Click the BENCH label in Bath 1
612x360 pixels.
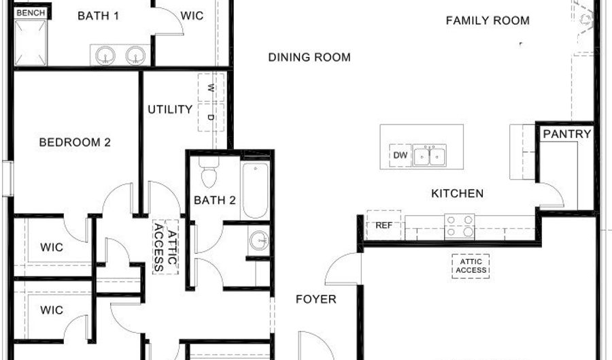click(x=31, y=13)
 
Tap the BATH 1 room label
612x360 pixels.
click(x=99, y=16)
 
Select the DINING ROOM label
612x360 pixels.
click(x=309, y=57)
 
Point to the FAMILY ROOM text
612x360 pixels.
click(x=488, y=20)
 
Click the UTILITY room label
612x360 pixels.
click(x=170, y=110)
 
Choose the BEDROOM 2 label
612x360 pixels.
click(x=75, y=142)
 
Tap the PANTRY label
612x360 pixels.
click(x=566, y=134)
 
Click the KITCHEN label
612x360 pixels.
click(x=457, y=193)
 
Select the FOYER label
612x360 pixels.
click(x=316, y=299)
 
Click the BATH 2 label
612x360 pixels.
click(x=215, y=200)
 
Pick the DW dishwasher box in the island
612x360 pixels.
click(x=400, y=155)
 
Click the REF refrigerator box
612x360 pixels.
click(x=384, y=225)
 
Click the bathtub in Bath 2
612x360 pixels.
click(x=255, y=191)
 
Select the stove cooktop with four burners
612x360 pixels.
click(x=460, y=227)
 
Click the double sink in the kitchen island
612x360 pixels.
click(x=429, y=155)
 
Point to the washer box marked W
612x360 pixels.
click(x=211, y=88)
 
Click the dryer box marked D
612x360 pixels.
click(x=211, y=117)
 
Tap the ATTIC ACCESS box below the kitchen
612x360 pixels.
click(x=471, y=266)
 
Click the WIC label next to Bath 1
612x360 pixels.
click(x=192, y=16)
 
